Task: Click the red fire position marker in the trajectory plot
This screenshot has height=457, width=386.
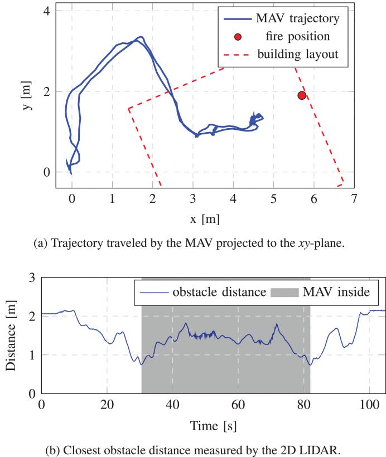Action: tap(302, 95)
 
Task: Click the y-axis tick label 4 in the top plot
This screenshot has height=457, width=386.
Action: tap(46, 11)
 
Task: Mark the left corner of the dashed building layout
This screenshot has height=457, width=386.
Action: tap(129, 108)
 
